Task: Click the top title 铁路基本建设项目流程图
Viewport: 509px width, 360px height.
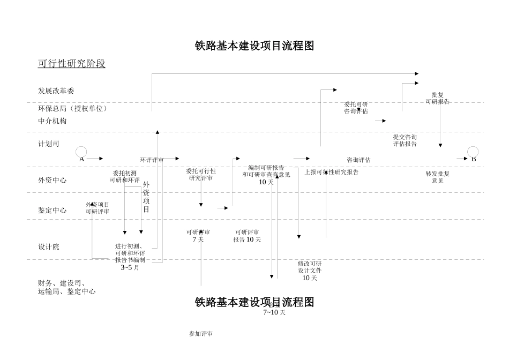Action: pos(254,46)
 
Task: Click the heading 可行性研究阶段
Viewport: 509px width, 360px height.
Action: pos(71,64)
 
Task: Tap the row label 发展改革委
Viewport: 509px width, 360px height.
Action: pos(56,91)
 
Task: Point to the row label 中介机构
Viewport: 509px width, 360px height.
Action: pos(52,121)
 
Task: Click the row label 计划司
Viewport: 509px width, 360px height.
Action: pos(48,144)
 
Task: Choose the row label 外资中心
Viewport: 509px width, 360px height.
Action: pos(52,180)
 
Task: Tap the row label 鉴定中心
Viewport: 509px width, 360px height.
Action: pos(52,211)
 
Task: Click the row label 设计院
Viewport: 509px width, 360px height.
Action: pos(48,247)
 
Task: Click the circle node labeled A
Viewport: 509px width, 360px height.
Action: pos(81,152)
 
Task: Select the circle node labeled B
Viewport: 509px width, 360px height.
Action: pos(473,152)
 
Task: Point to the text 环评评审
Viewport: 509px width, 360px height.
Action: pos(152,160)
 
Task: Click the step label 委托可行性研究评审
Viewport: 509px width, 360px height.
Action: pos(201,174)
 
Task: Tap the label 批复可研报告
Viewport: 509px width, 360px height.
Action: pos(437,98)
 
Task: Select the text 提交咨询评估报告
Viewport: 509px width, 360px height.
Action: pos(405,140)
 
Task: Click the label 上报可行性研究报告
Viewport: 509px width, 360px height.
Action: pos(331,172)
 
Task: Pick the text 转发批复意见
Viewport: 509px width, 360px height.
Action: pos(437,177)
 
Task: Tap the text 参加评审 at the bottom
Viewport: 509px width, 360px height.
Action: pos(201,334)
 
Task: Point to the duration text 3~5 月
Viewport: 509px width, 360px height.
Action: pos(130,267)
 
